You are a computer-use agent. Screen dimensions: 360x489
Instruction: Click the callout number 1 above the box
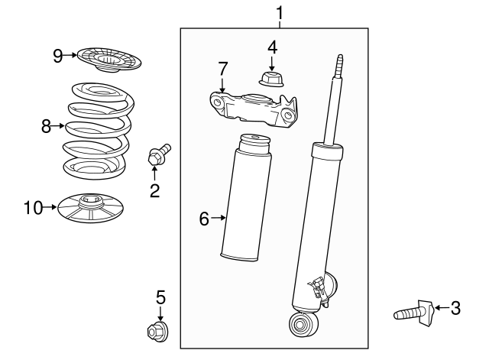[280, 12]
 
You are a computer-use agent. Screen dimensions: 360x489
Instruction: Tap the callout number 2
[154, 190]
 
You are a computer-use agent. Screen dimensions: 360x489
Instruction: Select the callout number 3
[455, 308]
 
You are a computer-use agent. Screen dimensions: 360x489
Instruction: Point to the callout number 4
[272, 47]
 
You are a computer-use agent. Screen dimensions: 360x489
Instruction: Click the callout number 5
[160, 297]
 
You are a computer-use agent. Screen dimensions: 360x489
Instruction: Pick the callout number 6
[203, 219]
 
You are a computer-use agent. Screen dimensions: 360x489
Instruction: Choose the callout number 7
[222, 68]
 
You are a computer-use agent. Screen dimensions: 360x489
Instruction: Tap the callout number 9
[57, 55]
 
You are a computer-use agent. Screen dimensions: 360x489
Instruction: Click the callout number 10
[33, 206]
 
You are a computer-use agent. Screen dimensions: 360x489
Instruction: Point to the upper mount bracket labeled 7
[251, 108]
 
